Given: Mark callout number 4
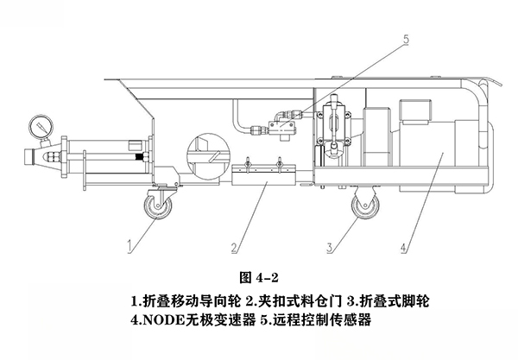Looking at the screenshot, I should pyautogui.click(x=406, y=244).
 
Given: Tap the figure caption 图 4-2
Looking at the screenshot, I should pyautogui.click(x=258, y=277).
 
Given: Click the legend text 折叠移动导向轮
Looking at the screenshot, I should pyautogui.click(x=187, y=301).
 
